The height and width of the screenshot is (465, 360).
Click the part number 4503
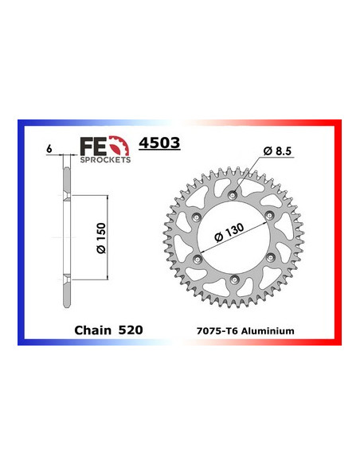point(158,144)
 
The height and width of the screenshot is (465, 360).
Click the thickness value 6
point(49,150)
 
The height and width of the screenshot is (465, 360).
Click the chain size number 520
point(132,329)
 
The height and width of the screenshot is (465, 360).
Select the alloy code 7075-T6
point(221,330)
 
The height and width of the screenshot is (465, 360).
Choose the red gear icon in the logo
point(121,146)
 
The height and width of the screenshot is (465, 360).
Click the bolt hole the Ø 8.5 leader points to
point(233,195)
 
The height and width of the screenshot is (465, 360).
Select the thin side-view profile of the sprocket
point(64,239)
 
